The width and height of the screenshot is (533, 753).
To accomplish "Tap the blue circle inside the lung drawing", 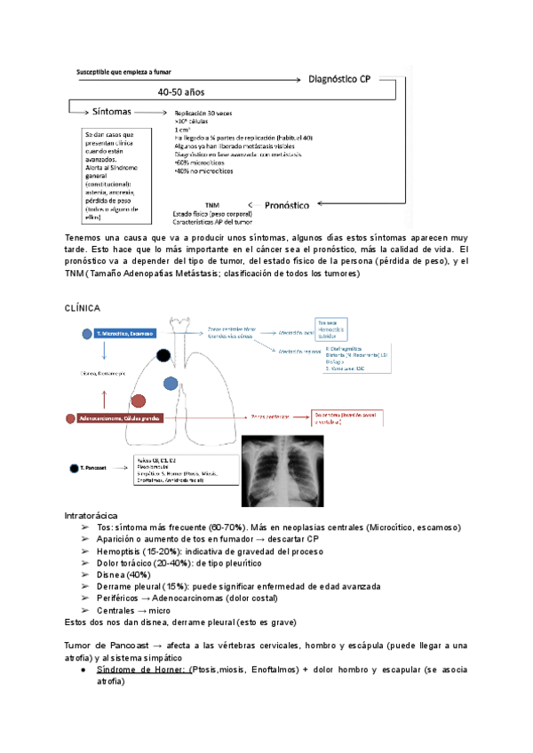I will pyautogui.click(x=170, y=384).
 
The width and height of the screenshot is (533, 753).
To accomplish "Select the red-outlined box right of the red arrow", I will pyautogui.click(x=346, y=416).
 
